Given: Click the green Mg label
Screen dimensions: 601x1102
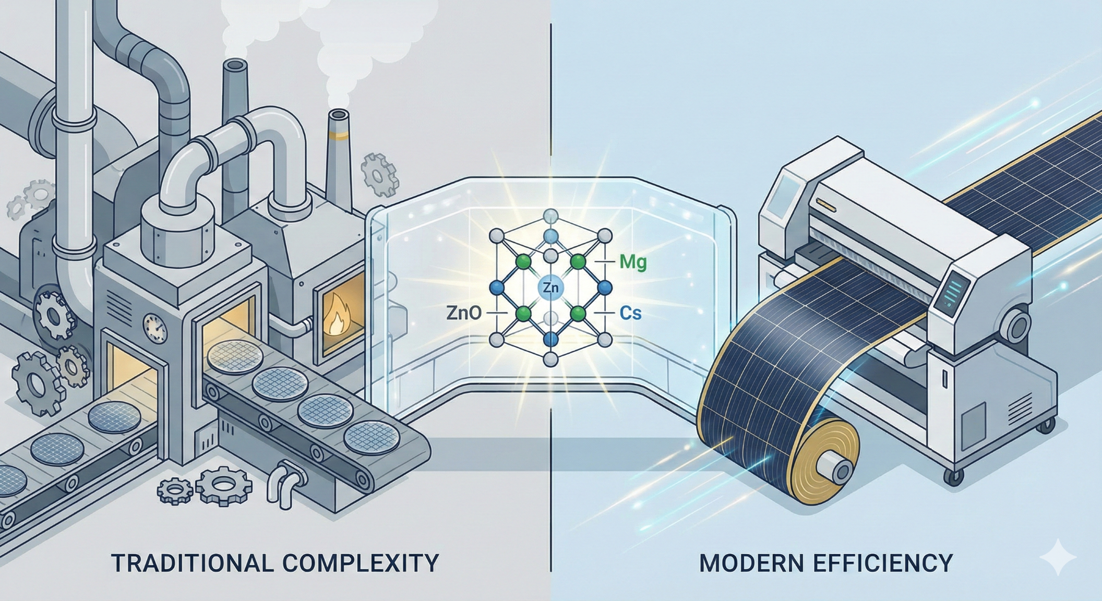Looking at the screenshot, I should point(632,262).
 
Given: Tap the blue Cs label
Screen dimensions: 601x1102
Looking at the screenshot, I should point(630,313).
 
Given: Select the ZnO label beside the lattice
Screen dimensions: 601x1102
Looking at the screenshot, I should point(464,313).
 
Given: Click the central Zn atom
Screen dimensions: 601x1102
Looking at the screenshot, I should point(550,287).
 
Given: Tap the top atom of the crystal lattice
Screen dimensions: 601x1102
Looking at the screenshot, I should point(550,215).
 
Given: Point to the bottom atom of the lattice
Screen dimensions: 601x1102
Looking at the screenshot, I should point(550,359).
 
